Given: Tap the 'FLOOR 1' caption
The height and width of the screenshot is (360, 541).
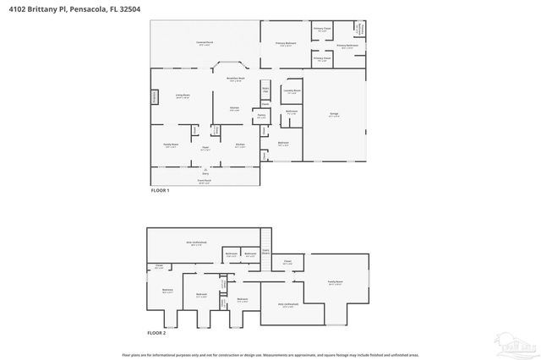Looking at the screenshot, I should tap(160, 190).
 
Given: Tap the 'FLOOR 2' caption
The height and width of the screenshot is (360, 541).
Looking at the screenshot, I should tap(156, 333).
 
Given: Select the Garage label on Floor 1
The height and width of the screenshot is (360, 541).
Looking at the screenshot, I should tap(334, 114).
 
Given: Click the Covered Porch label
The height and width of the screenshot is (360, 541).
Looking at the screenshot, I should tap(205, 41).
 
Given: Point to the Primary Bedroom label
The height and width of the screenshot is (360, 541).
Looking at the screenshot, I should tap(285, 42).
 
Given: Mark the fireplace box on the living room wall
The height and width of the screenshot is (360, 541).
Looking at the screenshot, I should tap(155, 97).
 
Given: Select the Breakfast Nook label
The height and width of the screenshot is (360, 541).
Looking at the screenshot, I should tap(235, 79).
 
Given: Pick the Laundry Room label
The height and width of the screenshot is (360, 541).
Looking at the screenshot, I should tap(292, 91).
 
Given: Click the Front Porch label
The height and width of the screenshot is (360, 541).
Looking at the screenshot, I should tap(204, 181).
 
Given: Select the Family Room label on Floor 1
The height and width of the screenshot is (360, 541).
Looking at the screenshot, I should tap(171, 145).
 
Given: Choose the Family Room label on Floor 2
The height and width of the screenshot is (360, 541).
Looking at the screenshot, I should tap(336, 282).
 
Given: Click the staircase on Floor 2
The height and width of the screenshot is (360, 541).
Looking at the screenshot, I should tap(265, 242).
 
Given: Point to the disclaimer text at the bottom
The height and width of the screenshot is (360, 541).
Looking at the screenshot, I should tap(270, 354).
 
